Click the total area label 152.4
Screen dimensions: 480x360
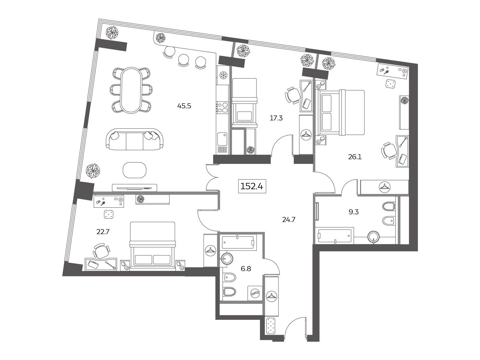[252, 186]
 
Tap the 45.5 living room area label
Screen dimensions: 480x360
[184, 106]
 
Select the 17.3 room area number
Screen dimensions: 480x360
[276, 118]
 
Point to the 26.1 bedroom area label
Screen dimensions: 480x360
[355, 157]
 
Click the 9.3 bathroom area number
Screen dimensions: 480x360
[353, 212]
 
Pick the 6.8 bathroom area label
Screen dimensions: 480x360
[246, 269]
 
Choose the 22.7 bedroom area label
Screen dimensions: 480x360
[103, 232]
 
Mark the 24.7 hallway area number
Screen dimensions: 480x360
[289, 220]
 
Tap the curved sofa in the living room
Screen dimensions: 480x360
[134, 139]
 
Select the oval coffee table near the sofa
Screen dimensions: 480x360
[134, 170]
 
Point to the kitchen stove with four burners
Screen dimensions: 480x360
[222, 107]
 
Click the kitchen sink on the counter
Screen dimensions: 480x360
[222, 139]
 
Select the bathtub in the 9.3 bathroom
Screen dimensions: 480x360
[335, 235]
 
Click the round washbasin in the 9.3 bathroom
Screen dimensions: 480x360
[373, 237]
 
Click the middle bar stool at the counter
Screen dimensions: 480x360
[183, 60]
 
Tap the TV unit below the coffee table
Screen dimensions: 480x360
[134, 187]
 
